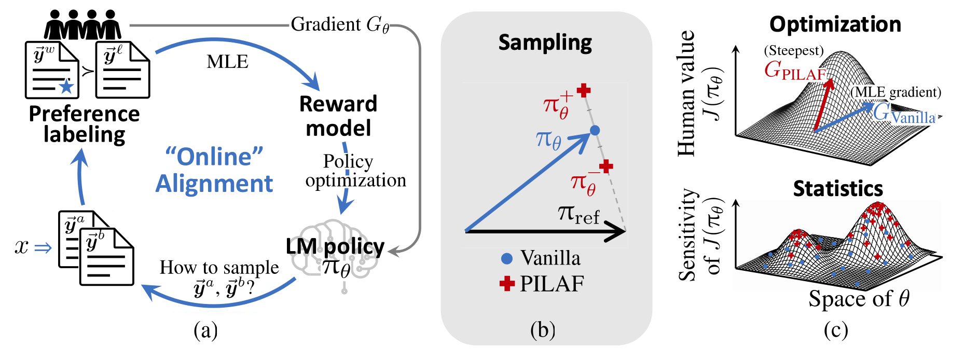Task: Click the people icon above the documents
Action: [x=82, y=25]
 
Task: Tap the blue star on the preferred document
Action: [x=66, y=86]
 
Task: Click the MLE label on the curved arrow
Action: [x=227, y=62]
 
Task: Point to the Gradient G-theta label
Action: [x=340, y=24]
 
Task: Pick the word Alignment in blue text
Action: [x=214, y=184]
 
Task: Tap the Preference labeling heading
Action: [x=84, y=124]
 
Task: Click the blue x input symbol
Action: [x=22, y=247]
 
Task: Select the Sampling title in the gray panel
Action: [x=545, y=43]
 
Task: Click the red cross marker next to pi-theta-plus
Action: [x=584, y=90]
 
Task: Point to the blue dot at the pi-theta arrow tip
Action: [x=595, y=130]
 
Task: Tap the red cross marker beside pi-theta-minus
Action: [x=606, y=167]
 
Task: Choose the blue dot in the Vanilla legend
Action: [x=507, y=258]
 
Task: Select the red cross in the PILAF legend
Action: [x=507, y=283]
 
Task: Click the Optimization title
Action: [x=835, y=24]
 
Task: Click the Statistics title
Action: [x=838, y=188]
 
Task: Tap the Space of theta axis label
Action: [x=859, y=299]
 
